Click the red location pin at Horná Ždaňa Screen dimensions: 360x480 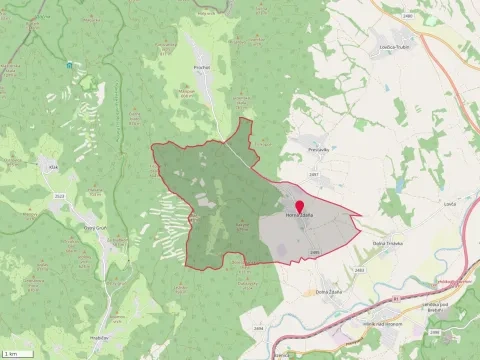(x=299, y=207)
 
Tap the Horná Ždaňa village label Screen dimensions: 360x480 (x=300, y=217)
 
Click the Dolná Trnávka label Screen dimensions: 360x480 (x=387, y=244)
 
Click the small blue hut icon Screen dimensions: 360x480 (x=70, y=65)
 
